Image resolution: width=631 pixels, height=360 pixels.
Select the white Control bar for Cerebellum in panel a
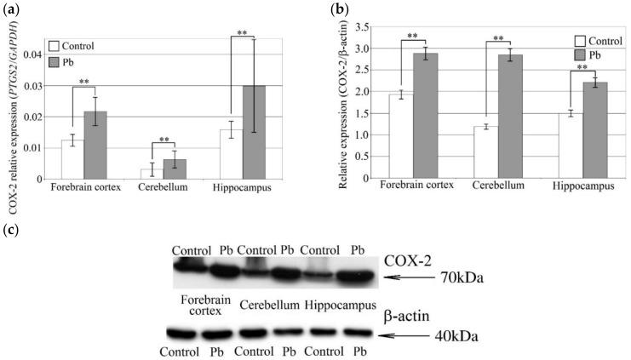pyautogui.click(x=146, y=174)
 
